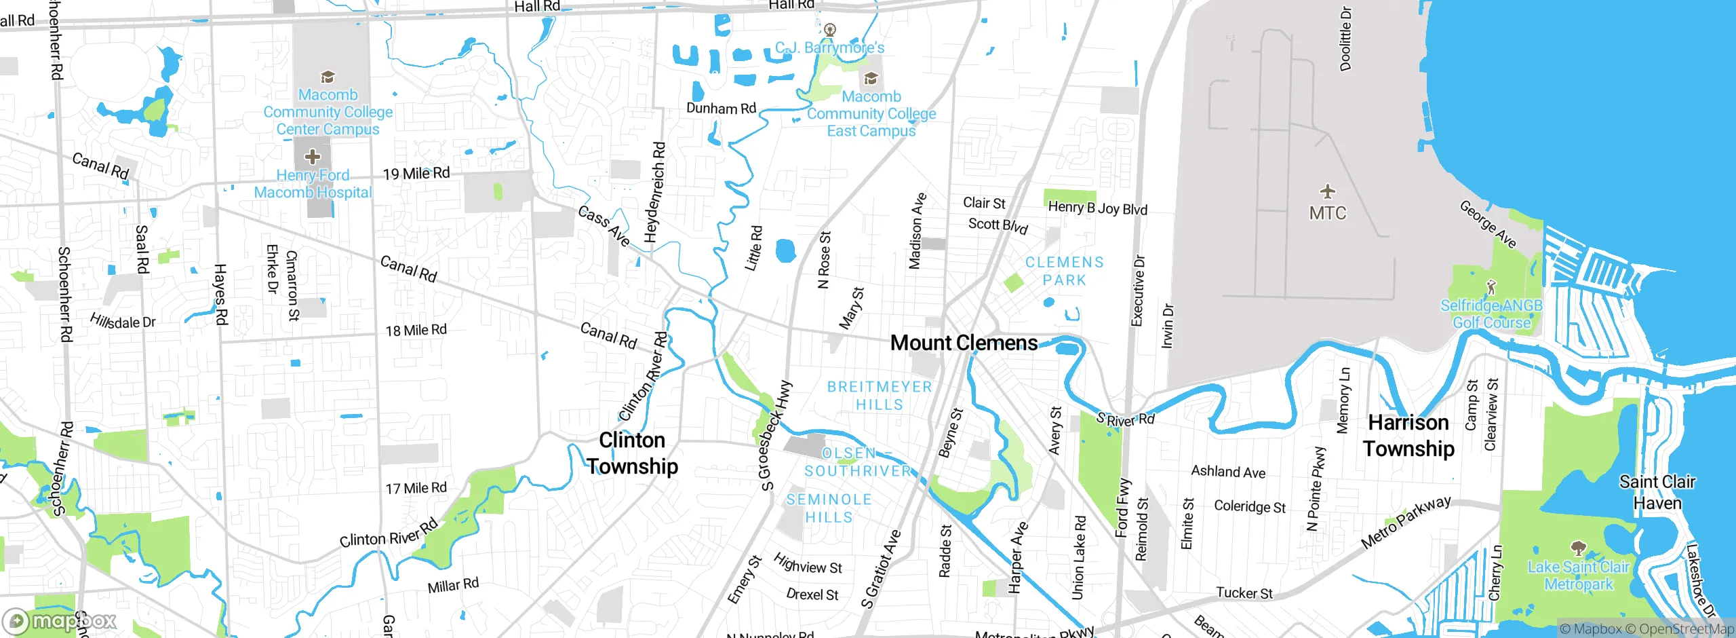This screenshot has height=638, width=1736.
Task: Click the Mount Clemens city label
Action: click(x=964, y=343)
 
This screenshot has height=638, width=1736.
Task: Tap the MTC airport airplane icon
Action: click(x=1327, y=191)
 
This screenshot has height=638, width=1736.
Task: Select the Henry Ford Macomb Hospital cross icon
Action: click(x=312, y=157)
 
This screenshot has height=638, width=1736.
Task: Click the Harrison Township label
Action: click(x=1408, y=436)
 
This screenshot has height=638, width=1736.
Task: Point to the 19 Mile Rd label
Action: click(x=416, y=174)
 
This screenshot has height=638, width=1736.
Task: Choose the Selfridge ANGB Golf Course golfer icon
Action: click(x=1491, y=287)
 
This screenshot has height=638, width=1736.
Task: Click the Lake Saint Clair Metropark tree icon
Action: click(x=1578, y=548)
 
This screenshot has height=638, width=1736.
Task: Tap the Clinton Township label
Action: click(x=632, y=453)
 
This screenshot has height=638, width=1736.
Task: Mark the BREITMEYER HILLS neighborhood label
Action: click(x=880, y=396)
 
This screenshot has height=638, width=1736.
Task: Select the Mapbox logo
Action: click(x=60, y=621)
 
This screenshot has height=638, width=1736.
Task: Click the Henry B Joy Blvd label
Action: click(x=1097, y=208)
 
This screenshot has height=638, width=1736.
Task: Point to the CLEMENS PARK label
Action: click(x=1064, y=271)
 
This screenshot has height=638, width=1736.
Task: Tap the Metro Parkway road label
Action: click(x=1406, y=522)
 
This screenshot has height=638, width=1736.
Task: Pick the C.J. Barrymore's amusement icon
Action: click(x=830, y=30)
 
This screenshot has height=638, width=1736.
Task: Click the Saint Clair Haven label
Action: click(x=1657, y=492)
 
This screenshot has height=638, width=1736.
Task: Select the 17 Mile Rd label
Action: click(x=416, y=488)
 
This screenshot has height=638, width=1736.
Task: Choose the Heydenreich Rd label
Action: click(x=654, y=192)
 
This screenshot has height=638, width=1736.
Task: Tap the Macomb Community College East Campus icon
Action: click(x=871, y=78)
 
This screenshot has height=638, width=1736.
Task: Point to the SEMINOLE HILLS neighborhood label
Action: click(x=829, y=508)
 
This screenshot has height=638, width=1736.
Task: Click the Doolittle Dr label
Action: click(x=1345, y=39)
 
